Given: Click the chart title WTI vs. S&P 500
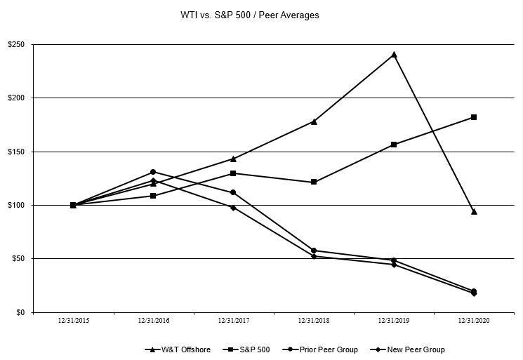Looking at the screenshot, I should click(250, 15).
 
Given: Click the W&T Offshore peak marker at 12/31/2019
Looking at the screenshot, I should click(394, 54).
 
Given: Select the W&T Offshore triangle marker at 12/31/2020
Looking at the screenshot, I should click(474, 211).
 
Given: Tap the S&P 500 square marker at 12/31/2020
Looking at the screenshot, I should click(474, 117).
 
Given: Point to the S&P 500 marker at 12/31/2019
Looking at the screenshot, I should click(394, 145).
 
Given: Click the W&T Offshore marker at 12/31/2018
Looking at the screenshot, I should click(314, 121).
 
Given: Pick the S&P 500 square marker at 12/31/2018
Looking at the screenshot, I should click(314, 182).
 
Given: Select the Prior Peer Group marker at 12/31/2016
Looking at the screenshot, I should click(153, 172).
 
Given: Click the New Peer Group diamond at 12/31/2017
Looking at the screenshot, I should click(233, 208).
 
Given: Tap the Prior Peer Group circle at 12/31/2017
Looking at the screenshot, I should click(233, 192).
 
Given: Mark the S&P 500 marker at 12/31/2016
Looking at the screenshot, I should click(153, 196).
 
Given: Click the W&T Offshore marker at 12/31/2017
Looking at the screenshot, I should click(233, 159).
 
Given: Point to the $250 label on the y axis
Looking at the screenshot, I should click(17, 45).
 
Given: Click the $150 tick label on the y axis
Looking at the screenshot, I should click(17, 152).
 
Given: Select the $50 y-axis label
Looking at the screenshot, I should click(19, 259).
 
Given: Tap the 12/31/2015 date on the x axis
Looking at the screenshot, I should click(73, 321).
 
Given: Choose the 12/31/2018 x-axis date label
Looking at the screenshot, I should click(314, 321).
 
